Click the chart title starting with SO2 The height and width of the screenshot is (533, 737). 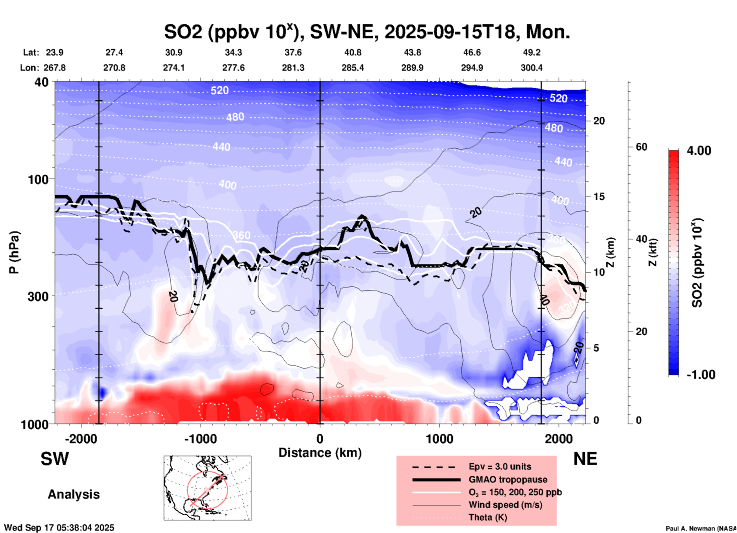point(367,31)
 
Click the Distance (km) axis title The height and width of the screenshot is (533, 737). point(320,453)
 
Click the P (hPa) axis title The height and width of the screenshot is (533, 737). point(14,252)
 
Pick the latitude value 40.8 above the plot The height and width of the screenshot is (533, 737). point(352,52)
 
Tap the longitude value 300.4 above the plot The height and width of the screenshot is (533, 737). point(532,68)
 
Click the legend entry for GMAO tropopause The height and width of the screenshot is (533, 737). point(508,479)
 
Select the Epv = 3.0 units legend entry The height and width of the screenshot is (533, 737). point(500,466)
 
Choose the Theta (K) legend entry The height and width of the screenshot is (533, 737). point(488,517)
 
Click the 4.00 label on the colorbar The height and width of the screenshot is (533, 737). point(699,151)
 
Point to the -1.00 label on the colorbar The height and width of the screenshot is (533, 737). point(701,375)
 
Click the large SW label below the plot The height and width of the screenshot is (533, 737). point(55,459)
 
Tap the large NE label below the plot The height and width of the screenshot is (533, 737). point(585,459)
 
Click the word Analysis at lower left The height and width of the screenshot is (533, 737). point(73,494)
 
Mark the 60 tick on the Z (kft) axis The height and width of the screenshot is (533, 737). point(641,147)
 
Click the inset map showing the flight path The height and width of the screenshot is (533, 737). point(207,488)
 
